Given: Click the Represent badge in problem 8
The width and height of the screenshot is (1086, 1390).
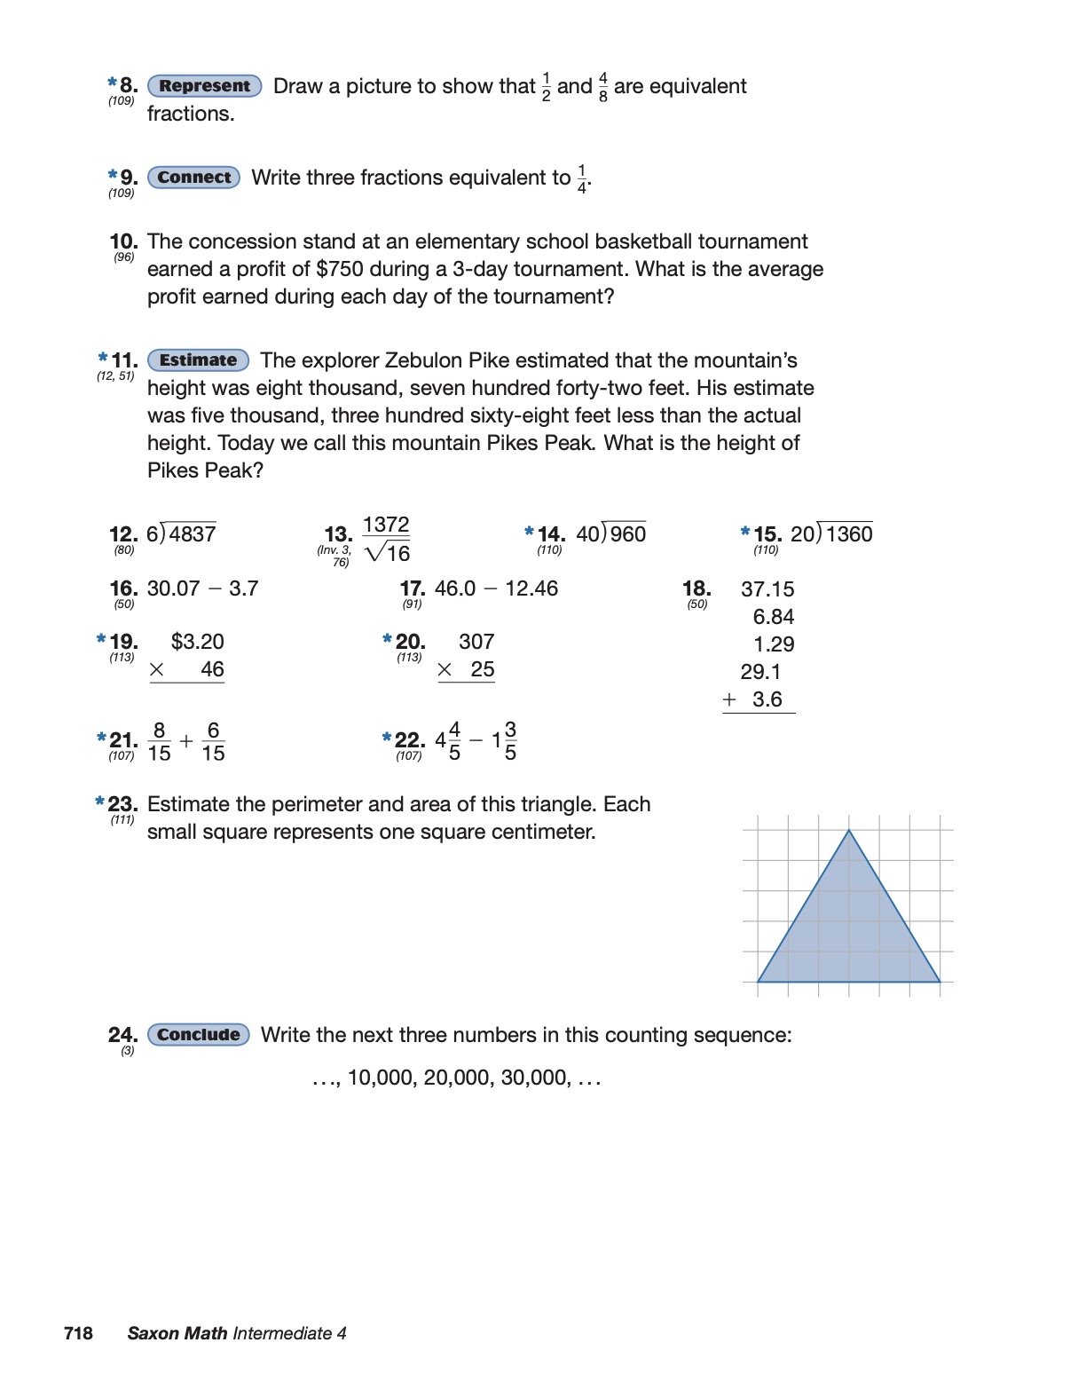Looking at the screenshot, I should coord(204,86).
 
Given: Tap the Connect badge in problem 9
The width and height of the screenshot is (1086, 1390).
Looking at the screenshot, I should coord(193,178).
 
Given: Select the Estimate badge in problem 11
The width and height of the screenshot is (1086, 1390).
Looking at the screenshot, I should coord(198,360).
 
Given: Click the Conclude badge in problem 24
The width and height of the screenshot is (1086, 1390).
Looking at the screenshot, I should coord(199,1035).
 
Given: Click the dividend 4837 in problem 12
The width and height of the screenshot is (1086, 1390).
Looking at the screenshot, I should coord(193,534).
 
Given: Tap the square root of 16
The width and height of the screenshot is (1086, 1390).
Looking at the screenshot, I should coord(388,553).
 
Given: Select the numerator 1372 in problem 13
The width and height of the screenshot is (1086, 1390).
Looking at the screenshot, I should coord(386,525).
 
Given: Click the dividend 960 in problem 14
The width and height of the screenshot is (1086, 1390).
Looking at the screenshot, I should coord(628,534).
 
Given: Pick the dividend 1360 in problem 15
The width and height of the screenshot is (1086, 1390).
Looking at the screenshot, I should coord(849,534).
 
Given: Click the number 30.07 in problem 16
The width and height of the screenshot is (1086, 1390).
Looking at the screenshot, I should coord(173,588).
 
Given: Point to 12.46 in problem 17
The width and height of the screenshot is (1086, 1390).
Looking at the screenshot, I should coord(531,588).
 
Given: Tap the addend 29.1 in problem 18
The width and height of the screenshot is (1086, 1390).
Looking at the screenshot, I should coord(760,672).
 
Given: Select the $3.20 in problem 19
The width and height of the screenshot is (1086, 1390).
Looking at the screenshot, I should coord(197,642).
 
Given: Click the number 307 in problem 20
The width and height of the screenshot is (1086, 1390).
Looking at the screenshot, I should coord(476,642).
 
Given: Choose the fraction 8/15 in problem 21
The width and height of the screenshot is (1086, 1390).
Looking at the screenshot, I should coord(159,741).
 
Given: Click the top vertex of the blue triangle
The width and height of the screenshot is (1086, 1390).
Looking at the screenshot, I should coord(849,830).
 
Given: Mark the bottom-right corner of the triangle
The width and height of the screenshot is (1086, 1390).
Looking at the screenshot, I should coord(940,982).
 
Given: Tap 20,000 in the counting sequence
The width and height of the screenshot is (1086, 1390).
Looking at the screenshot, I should coord(456,1078).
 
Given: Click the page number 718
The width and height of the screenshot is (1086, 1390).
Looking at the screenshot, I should coord(78,1333).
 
